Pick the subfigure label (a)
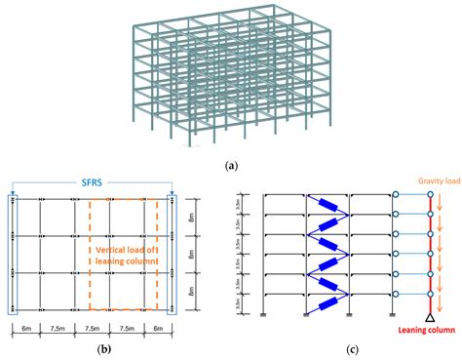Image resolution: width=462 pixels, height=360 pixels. [x=231, y=165]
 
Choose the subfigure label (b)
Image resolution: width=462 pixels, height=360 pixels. [x=95, y=350]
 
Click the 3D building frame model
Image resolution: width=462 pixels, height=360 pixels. [x=231, y=78]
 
